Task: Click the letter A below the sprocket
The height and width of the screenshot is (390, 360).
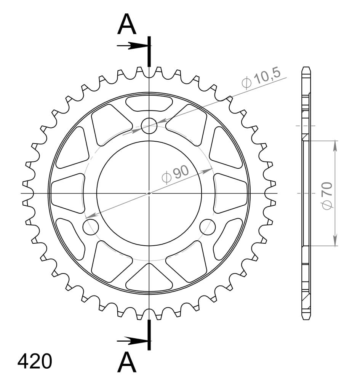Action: [127, 363]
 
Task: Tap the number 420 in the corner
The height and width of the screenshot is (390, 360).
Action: [35, 361]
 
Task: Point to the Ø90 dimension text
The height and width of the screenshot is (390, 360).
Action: [175, 174]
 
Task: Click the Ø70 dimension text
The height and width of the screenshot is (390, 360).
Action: [328, 195]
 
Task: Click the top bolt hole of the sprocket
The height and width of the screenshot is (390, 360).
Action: [149, 126]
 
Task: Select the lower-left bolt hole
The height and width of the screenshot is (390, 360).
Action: [91, 227]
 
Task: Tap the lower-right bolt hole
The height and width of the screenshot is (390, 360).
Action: [208, 227]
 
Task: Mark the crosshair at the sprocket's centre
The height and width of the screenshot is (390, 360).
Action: [149, 193]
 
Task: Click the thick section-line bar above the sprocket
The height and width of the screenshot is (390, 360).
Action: [149, 51]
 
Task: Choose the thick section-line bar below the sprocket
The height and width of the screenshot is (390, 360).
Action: [149, 335]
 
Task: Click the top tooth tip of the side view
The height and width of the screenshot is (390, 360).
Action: [306, 69]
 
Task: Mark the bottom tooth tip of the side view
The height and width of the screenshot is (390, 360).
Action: [306, 318]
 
